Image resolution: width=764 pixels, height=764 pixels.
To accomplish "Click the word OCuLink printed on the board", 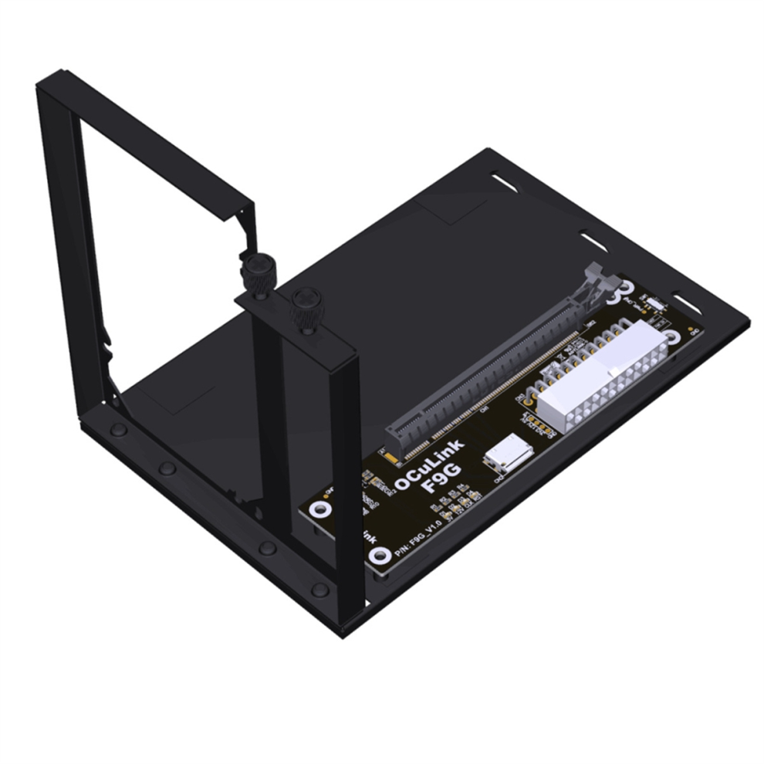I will coord(429,465).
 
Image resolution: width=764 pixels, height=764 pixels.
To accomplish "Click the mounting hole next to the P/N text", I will coord(378,556).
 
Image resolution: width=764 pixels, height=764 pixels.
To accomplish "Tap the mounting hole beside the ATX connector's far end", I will coord(671,336).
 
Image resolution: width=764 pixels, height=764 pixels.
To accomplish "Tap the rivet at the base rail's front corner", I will coord(319,590).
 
